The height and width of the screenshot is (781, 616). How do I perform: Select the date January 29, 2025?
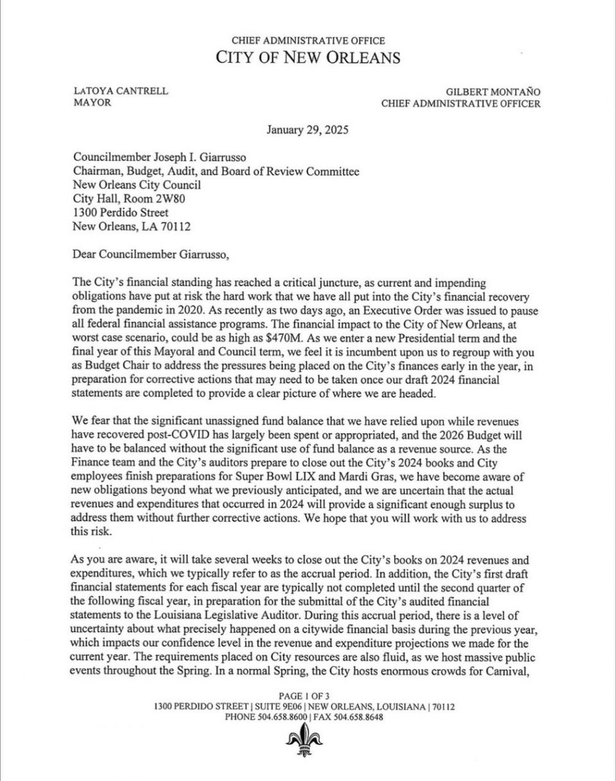point(307,130)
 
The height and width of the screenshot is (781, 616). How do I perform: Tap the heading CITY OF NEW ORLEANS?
point(307,57)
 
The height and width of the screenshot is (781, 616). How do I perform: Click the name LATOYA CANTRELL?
point(121,91)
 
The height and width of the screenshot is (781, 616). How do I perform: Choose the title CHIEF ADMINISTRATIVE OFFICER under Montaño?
point(461,103)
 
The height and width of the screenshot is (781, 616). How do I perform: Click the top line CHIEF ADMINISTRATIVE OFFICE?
point(307,40)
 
